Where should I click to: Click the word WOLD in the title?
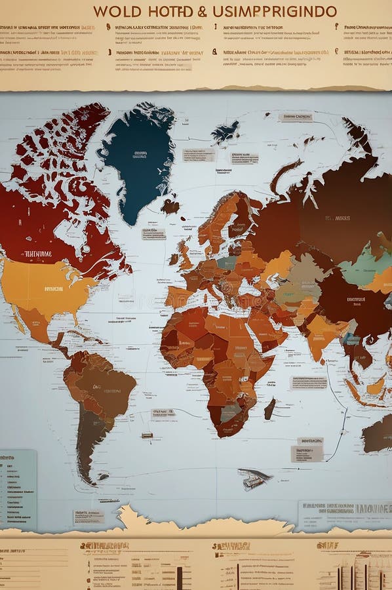tap(117, 11)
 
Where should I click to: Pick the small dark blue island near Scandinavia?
tap(225, 133)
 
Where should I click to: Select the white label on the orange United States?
tap(54, 288)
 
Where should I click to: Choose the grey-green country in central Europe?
tap(227, 262)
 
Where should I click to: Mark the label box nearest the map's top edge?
tap(296, 117)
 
